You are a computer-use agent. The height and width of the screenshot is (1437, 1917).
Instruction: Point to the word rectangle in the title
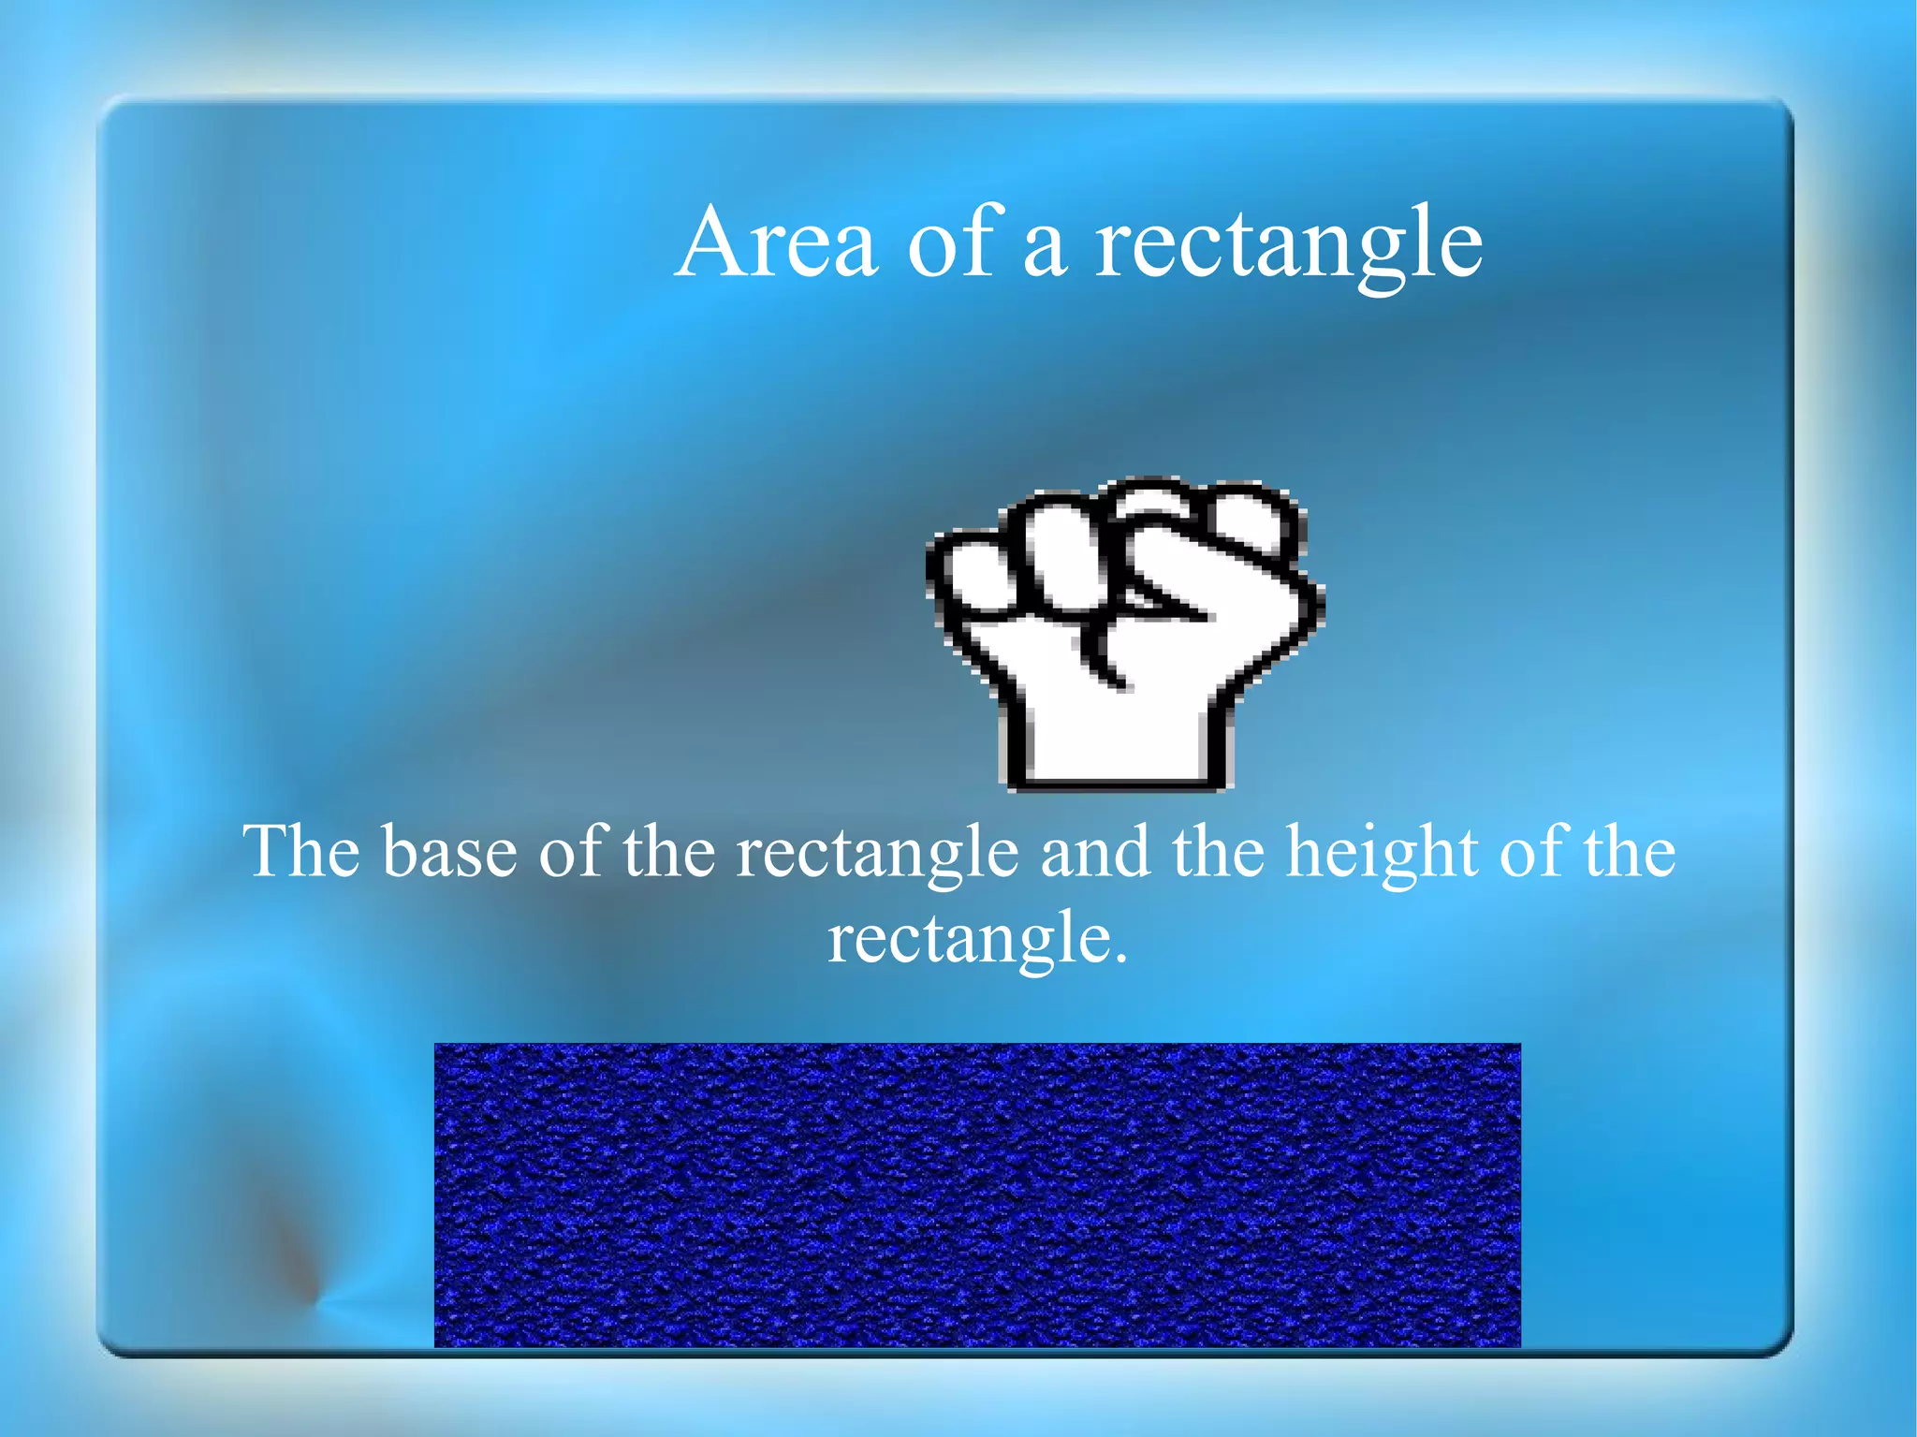coord(1289,245)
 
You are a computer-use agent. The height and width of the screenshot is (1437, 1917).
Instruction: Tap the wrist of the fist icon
coord(1114,740)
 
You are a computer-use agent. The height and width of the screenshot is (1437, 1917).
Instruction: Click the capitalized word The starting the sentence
coord(301,852)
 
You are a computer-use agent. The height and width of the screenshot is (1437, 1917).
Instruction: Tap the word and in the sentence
coord(1095,852)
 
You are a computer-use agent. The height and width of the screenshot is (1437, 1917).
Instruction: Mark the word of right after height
coord(1531,852)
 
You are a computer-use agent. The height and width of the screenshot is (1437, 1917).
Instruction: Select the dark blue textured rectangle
coord(977,1195)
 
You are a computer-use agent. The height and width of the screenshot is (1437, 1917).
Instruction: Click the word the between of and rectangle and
coord(668,852)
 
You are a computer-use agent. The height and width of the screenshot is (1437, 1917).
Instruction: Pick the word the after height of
coord(1629,852)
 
